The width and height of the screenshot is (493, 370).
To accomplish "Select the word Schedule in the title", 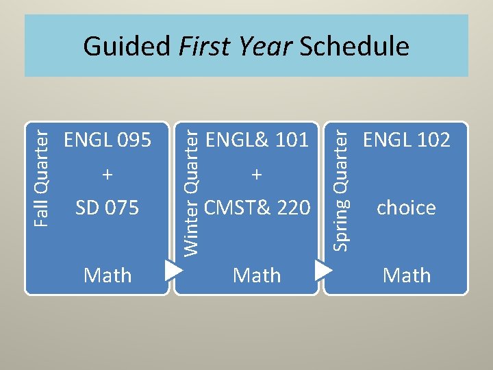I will coord(355,47).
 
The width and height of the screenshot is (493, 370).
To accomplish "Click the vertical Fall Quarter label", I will coord(42,175).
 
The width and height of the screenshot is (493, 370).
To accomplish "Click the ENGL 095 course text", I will coord(108,140).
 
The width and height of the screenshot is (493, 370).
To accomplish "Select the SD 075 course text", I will coord(108,207).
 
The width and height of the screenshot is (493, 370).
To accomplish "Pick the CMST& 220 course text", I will coord(257,207).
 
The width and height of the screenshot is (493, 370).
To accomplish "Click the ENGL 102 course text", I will coord(407,140).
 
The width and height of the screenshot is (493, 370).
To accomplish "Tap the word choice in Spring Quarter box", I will coord(407,208).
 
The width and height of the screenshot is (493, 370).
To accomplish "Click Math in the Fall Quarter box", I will coord(108,275).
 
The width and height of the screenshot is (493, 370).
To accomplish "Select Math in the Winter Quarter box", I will coord(257,275).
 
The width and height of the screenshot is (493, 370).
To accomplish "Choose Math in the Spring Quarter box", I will coord(407,275).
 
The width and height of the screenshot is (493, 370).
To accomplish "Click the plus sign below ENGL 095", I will coord(108,175).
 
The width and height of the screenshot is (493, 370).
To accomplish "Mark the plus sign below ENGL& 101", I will coord(257,175).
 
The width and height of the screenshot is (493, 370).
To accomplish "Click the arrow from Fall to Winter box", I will coord(173,269).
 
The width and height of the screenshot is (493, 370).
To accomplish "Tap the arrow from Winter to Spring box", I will coord(323,269).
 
